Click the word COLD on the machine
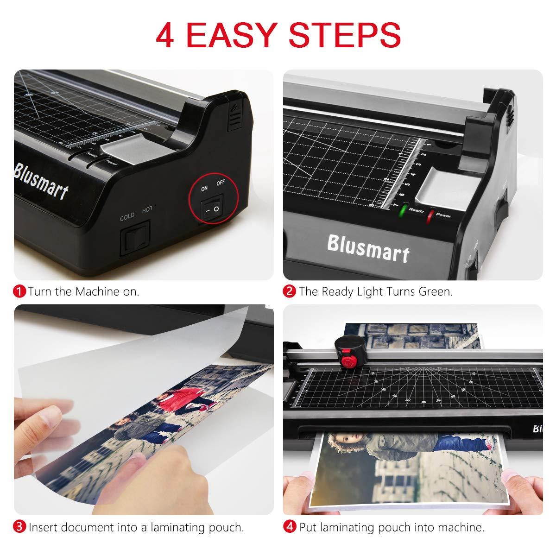pyautogui.click(x=127, y=215)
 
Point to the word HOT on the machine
pyautogui.click(x=147, y=210)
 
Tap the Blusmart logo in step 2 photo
pyautogui.click(x=368, y=248)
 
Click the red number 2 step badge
pyautogui.click(x=290, y=291)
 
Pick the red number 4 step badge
pyautogui.click(x=290, y=527)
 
